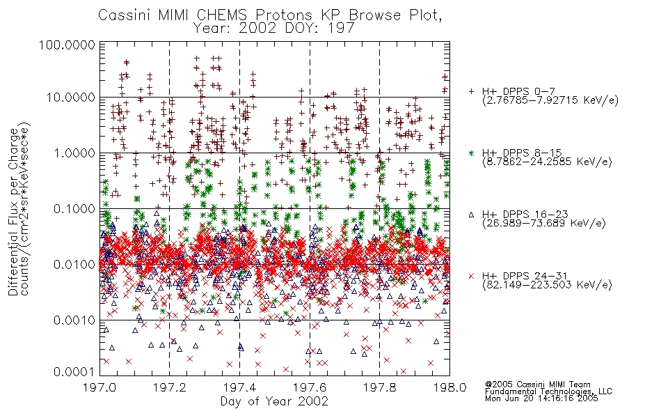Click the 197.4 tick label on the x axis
click(x=240, y=387)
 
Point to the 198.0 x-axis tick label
click(x=449, y=387)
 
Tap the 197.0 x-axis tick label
click(x=100, y=387)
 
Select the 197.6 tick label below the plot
click(x=310, y=387)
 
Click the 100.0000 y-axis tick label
click(x=67, y=45)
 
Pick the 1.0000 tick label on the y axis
click(x=74, y=153)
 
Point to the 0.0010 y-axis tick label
click(x=74, y=320)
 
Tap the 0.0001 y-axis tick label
click(x=74, y=372)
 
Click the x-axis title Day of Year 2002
click(x=274, y=401)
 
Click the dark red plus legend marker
click(x=472, y=91)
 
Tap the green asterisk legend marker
click(x=472, y=153)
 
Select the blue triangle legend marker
click(x=472, y=215)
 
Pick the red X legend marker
click(x=472, y=276)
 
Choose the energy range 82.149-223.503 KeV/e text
click(x=547, y=285)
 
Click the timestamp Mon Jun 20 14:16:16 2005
click(x=541, y=398)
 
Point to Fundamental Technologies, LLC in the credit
click(x=548, y=392)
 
